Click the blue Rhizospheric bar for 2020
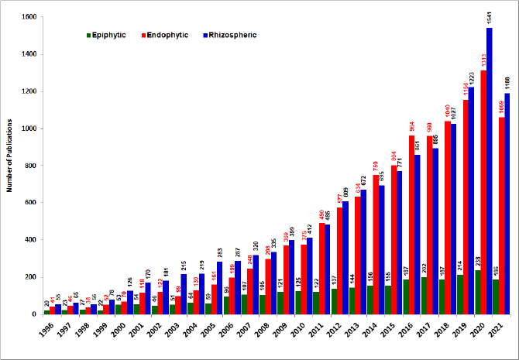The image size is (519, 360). click(x=489, y=170)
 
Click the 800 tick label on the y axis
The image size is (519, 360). click(x=29, y=166)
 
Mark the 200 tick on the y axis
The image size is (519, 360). click(x=29, y=277)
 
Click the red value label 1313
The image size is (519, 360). click(x=483, y=60)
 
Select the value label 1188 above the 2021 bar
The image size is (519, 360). click(x=507, y=83)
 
